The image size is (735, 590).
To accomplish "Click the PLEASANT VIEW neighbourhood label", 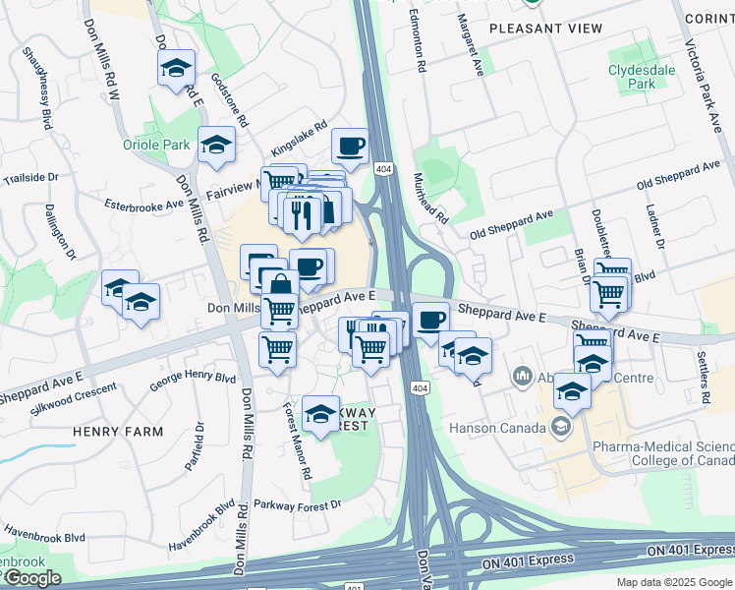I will (x=546, y=29).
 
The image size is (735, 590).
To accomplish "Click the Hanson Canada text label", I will (x=496, y=428).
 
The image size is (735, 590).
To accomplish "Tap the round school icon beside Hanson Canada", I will (x=561, y=427).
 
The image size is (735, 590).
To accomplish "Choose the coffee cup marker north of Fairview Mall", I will (x=350, y=147).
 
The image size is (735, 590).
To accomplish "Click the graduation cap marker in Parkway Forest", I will (x=320, y=414).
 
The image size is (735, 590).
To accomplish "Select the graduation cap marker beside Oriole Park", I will (x=216, y=146).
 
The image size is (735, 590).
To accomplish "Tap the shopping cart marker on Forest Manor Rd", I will (x=278, y=349).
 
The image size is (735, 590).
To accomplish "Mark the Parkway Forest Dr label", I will (x=296, y=504).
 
